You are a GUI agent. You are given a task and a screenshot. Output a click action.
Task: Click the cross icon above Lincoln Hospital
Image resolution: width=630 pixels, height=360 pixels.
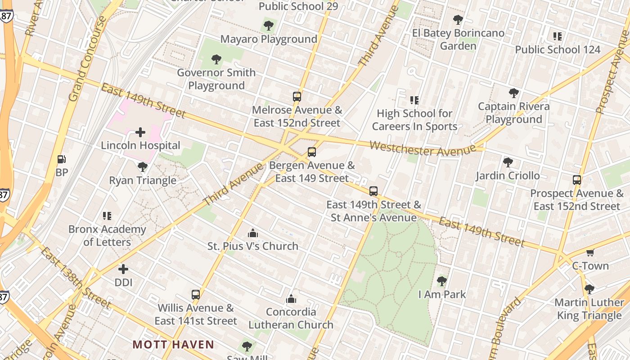coord(140,132)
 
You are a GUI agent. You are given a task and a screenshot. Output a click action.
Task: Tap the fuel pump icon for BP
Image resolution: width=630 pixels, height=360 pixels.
coord(62,159)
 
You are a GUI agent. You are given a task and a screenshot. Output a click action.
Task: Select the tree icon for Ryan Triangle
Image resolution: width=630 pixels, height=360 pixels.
coord(143,167)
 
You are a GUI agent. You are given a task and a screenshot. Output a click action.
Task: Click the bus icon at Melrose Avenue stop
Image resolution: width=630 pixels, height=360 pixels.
coord(297,97)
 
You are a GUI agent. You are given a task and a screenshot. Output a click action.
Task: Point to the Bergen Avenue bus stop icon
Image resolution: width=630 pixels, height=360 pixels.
coord(312,152)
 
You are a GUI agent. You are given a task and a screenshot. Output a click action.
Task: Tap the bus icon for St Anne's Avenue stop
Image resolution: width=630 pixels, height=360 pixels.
coord(373,191)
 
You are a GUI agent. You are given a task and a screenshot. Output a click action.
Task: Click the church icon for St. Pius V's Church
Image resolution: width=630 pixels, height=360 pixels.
coord(253,233)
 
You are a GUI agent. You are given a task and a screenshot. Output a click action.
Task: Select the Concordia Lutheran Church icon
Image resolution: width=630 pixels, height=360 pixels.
coord(291,299)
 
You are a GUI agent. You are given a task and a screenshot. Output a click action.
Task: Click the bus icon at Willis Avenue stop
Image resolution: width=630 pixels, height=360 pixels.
coord(196,295)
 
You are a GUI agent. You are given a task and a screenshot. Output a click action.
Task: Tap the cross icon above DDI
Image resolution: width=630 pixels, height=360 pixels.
coord(123,269)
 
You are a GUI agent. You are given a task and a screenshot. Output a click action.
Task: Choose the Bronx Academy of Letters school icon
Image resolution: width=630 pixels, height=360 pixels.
coord(107,216)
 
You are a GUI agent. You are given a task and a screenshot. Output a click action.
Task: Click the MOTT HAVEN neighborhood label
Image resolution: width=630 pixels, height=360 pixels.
coord(173,345)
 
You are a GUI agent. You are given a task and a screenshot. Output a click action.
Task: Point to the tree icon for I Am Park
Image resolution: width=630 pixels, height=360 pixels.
coord(442,281)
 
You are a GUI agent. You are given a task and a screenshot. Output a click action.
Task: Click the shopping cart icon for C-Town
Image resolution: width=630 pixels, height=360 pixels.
coord(590,252)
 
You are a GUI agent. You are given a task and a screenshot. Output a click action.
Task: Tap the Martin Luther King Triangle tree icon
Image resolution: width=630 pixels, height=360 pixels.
coord(589,289)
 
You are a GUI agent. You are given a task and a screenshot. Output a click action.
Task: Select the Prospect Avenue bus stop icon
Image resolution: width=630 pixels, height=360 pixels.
coord(577,180)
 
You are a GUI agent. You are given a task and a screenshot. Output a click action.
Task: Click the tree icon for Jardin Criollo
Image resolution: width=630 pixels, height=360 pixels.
coord(508,162)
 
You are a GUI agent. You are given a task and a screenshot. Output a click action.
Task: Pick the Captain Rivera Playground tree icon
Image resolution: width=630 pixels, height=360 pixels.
coord(513,93)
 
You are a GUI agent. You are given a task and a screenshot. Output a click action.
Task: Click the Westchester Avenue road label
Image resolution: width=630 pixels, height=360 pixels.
coord(423,149)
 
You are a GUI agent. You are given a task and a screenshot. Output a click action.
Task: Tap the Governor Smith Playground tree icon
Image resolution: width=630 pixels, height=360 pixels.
coord(216,59)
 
